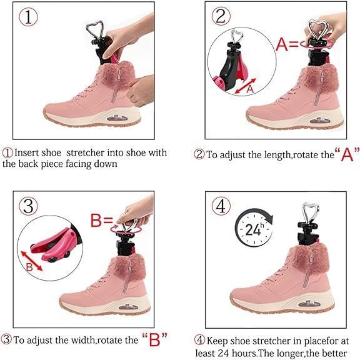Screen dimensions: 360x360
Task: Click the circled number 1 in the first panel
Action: click(28, 17)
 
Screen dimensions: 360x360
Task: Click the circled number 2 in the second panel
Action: click(221, 16)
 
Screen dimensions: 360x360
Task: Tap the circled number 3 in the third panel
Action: click(29, 206)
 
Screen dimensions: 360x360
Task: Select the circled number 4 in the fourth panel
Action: click(221, 206)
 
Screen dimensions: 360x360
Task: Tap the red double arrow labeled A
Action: click(246, 86)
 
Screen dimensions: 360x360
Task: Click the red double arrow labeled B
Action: click(32, 261)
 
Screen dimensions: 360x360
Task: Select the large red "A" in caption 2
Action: click(347, 154)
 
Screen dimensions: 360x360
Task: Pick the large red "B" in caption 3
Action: click(154, 339)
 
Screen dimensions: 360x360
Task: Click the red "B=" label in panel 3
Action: click(101, 221)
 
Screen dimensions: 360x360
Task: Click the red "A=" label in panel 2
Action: click(287, 44)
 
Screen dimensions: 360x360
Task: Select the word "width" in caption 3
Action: click(83, 340)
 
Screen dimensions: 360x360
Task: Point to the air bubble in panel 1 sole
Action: click(117, 118)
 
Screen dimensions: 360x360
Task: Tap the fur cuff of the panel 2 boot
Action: click(319, 78)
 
